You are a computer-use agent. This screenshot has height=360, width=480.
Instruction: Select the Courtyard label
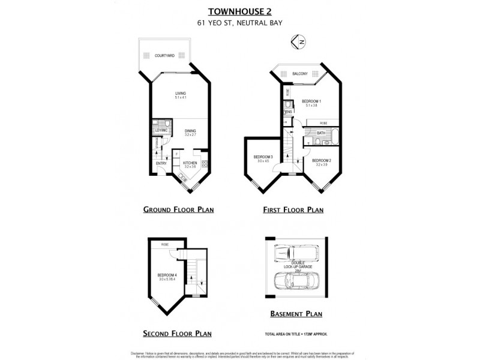point(164,55)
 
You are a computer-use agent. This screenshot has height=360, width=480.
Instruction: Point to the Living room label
point(180,94)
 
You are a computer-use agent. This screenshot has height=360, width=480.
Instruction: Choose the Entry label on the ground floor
point(161,163)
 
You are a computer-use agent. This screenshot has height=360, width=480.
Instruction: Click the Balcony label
point(300,73)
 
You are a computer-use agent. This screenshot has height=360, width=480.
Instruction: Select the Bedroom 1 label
point(311,101)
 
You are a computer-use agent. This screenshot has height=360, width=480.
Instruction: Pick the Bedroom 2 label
point(321,161)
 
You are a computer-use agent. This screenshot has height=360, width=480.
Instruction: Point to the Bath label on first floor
point(313,133)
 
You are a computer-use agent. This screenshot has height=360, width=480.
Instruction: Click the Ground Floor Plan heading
point(178,210)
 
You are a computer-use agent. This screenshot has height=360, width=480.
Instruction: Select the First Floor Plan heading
point(293,210)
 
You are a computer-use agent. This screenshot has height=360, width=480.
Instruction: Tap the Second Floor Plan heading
point(177,333)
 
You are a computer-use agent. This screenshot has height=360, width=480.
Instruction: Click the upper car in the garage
point(293,254)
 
